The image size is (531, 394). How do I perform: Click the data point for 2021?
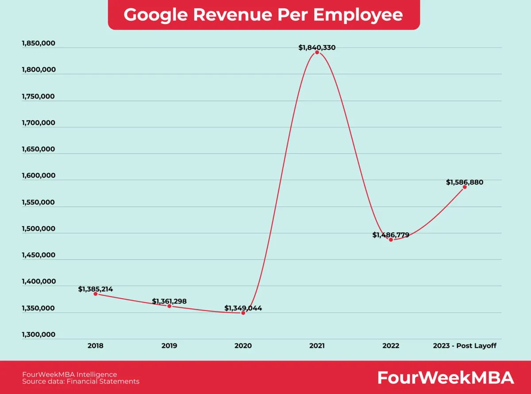click(x=317, y=52)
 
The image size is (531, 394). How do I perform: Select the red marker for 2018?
click(x=96, y=294)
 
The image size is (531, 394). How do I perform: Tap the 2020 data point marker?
click(x=243, y=313)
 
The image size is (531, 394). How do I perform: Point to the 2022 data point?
click(x=391, y=239)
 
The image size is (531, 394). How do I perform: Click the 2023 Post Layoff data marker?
click(x=465, y=187)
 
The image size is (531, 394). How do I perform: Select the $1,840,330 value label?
click(x=317, y=47)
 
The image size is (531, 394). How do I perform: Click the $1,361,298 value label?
click(x=169, y=301)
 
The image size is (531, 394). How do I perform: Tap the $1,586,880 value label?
click(x=465, y=182)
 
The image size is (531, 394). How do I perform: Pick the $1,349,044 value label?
click(x=243, y=308)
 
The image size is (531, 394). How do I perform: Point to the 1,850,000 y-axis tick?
click(x=38, y=43)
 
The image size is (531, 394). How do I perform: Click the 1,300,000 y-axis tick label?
click(x=38, y=334)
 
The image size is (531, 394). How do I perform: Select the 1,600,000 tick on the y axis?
click(x=38, y=176)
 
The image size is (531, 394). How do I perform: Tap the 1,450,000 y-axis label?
click(x=38, y=255)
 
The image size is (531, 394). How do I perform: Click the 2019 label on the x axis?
click(x=169, y=346)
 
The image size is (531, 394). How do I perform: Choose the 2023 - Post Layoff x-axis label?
click(x=465, y=346)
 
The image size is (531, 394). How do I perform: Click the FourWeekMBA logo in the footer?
click(x=445, y=378)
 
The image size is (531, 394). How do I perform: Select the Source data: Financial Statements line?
click(x=81, y=381)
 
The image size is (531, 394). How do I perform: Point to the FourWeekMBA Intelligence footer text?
click(x=69, y=374)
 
